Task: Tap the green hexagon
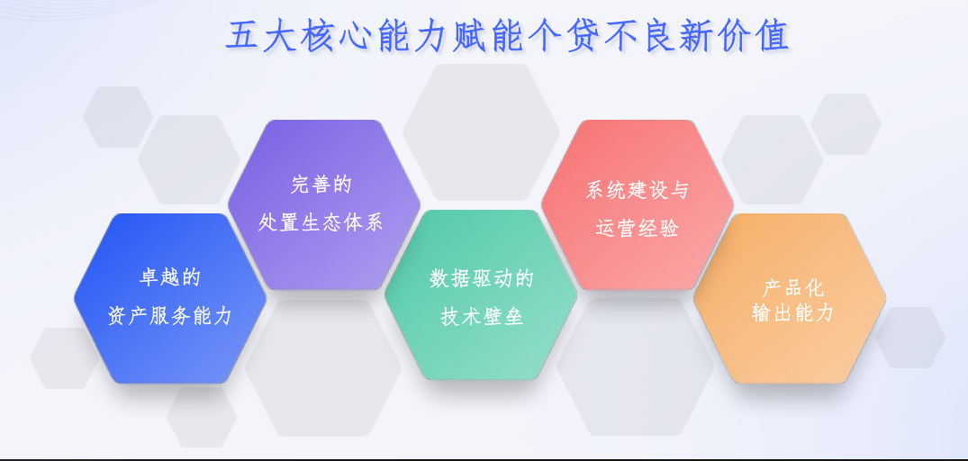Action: coord(481,351)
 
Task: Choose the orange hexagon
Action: coord(790,351)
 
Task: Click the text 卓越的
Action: coord(169,276)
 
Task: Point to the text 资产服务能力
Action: coord(170,316)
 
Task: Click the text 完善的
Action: coord(321,185)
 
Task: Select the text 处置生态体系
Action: coord(321,222)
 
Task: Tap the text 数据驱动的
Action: coord(482,278)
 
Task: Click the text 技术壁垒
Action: coord(482,317)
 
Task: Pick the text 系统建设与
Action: coord(638,190)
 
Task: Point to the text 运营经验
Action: coord(638,228)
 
